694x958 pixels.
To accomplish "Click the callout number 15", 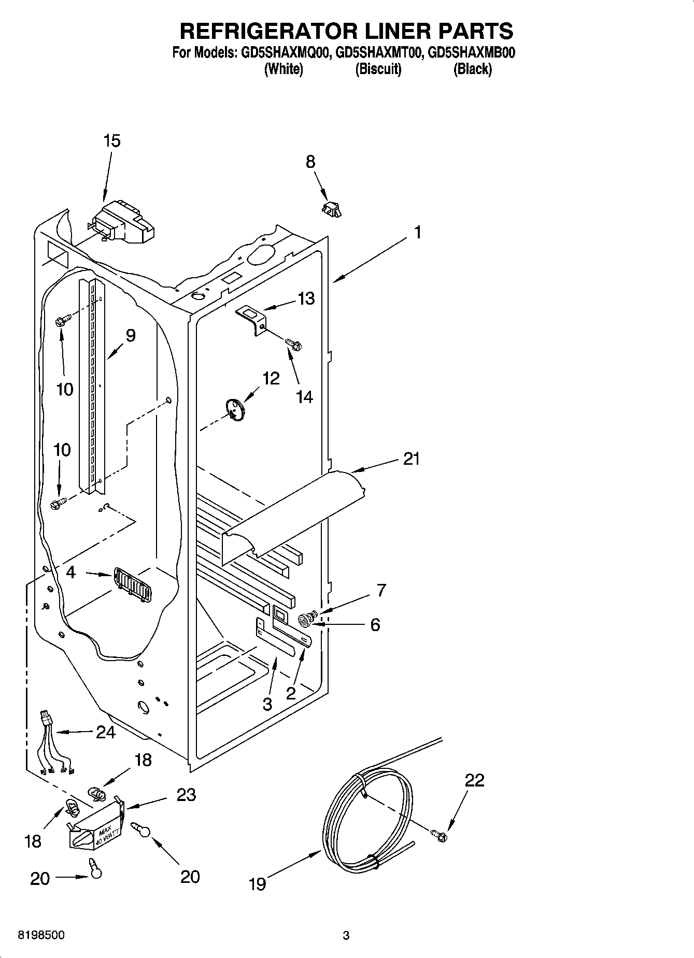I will [112, 140].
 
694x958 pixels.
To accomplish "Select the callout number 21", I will [412, 459].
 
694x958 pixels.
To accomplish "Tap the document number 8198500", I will [41, 935].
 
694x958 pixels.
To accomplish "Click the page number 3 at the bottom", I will [346, 936].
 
